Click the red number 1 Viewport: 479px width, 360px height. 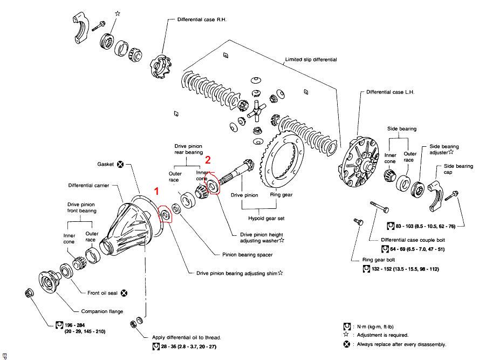coord(157,191)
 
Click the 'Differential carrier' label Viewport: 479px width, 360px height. coord(88,185)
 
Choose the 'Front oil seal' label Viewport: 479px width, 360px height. coord(103,293)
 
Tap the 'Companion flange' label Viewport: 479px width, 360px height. coord(102,311)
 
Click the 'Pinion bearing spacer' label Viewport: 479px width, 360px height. coord(247,254)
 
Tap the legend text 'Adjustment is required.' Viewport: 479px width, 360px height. coord(384,335)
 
